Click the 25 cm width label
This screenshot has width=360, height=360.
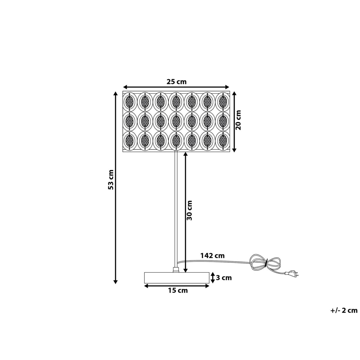[176, 82]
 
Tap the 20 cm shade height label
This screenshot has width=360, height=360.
[238, 120]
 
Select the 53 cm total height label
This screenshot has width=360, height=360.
[111, 180]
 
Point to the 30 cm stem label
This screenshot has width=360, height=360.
[190, 210]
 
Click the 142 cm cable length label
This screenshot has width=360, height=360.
[212, 256]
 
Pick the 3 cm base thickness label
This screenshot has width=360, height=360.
[224, 278]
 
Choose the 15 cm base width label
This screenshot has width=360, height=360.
[178, 290]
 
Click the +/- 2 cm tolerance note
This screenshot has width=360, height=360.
[344, 310]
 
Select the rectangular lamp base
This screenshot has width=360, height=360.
[176, 277]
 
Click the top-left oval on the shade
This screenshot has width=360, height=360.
[130, 101]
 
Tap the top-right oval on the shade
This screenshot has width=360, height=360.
[223, 101]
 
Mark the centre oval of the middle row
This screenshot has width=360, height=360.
[176, 121]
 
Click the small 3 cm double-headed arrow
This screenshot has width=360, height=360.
[212, 277]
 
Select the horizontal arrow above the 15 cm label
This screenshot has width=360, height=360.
[176, 286]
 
